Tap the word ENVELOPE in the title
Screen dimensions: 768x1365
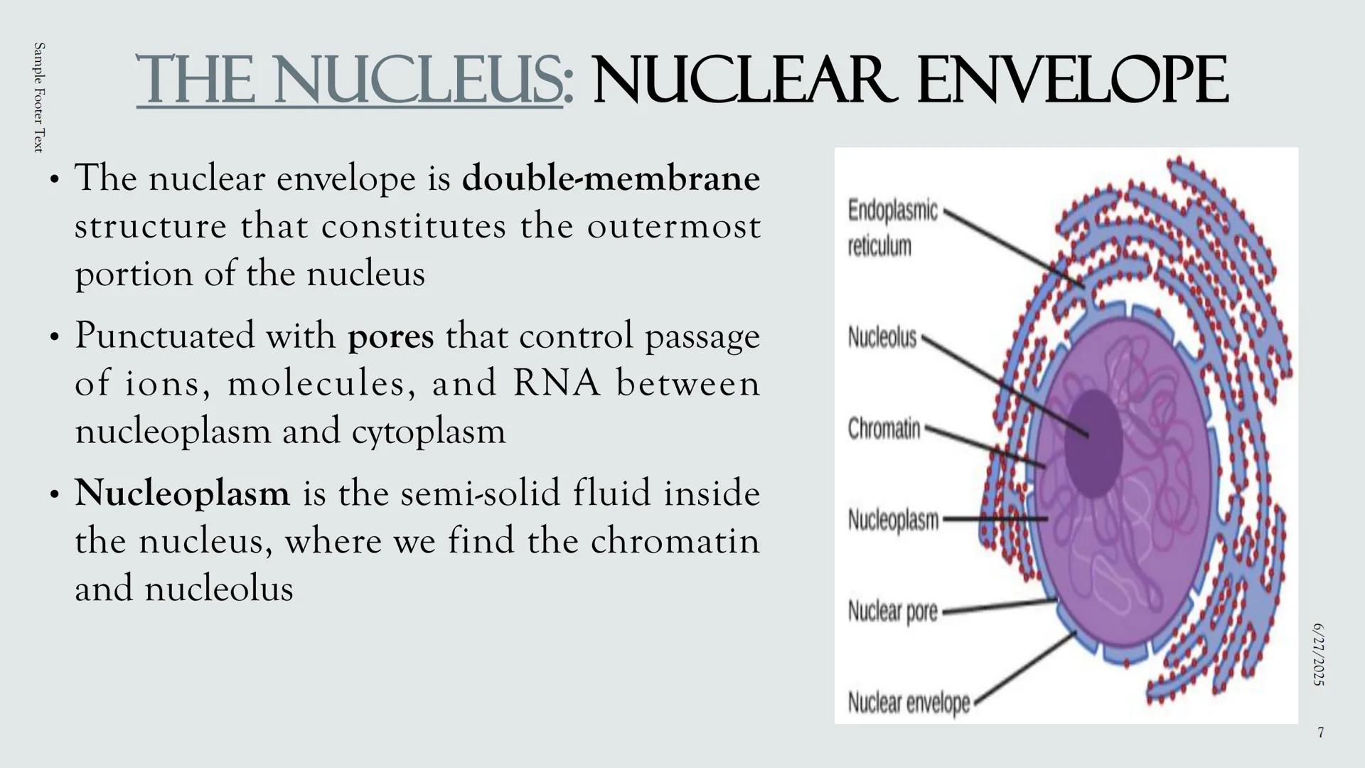[1072, 80]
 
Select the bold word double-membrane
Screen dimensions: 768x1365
[611, 178]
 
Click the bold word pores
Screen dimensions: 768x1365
[390, 336]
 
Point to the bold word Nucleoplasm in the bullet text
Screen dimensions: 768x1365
[182, 493]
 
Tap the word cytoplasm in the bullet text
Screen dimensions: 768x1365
[429, 431]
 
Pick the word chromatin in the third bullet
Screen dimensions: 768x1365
[675, 540]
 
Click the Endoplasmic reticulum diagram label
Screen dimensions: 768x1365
[892, 228]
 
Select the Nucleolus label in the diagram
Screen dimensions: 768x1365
[882, 337]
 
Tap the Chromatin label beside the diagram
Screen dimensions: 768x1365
[884, 429]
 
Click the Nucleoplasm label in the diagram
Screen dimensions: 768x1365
[893, 521]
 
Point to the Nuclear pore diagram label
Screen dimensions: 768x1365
[892, 612]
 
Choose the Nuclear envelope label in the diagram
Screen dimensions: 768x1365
[909, 703]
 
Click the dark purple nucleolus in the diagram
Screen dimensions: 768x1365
[1093, 443]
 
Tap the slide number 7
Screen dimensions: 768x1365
[1320, 732]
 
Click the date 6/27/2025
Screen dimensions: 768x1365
[1319, 655]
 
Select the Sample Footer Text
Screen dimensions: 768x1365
[39, 97]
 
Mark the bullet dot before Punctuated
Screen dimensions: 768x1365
[54, 338]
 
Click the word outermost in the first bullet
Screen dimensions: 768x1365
[673, 227]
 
